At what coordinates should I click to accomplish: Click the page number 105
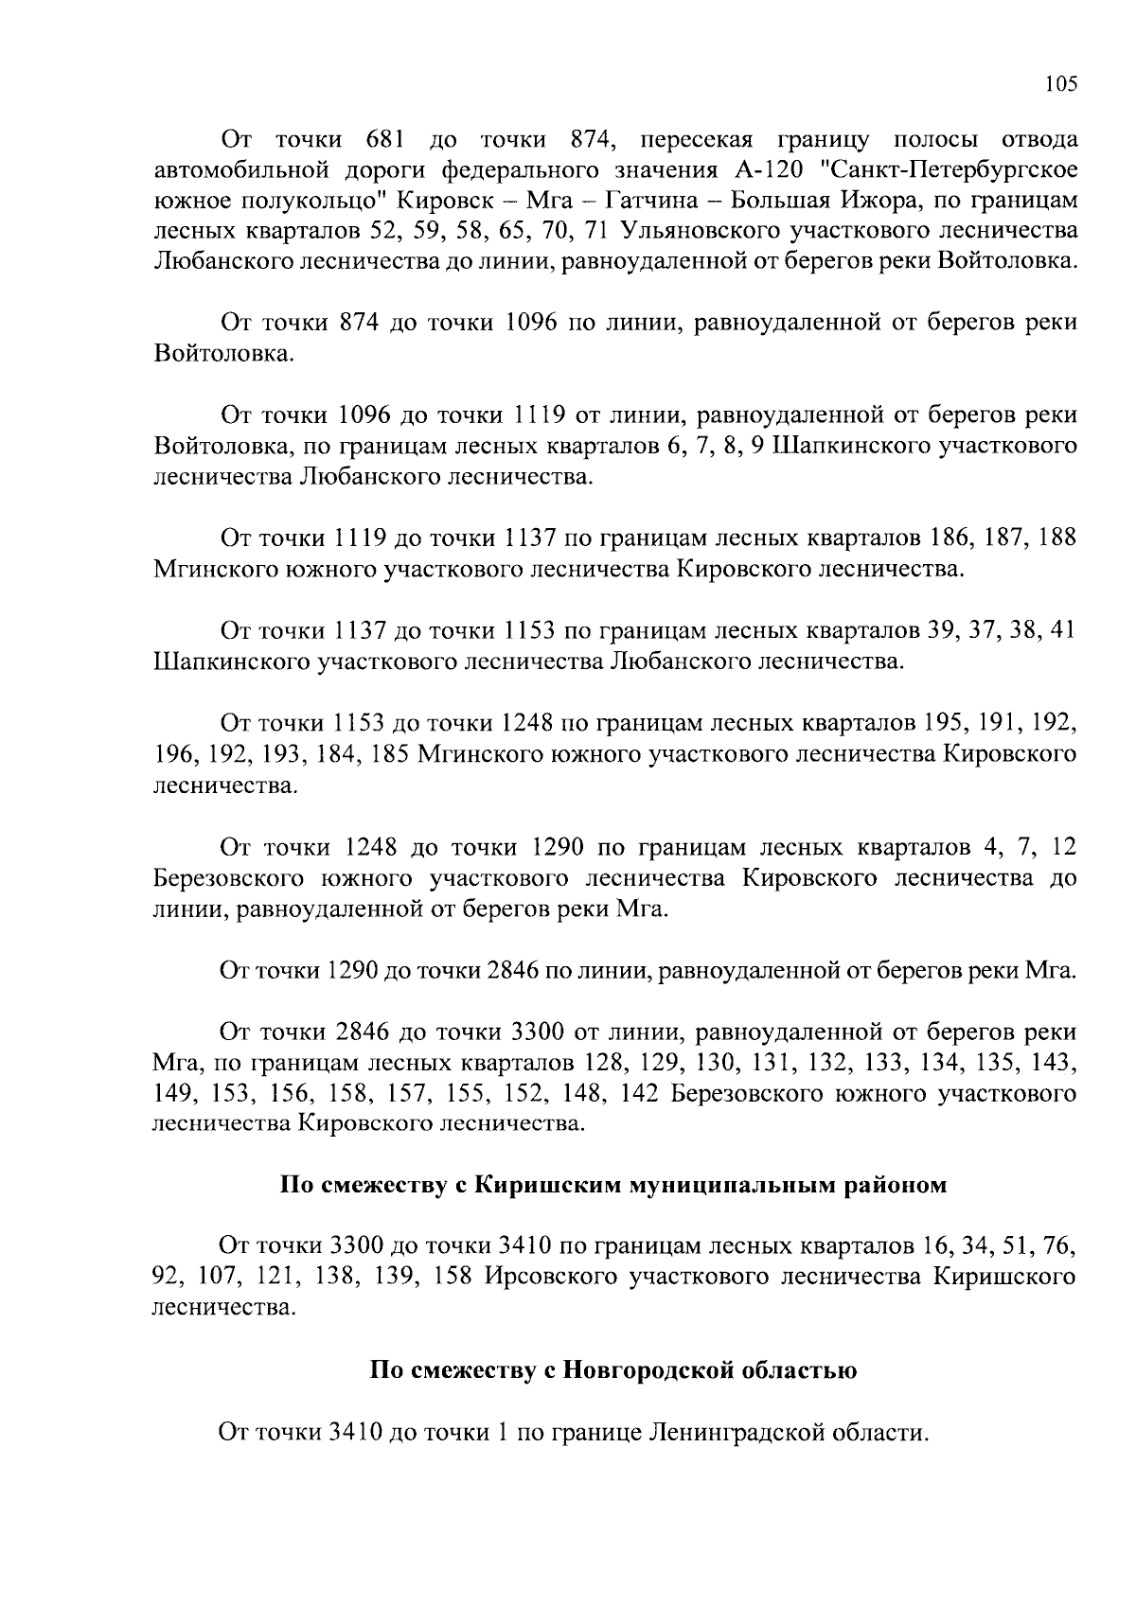tap(1061, 84)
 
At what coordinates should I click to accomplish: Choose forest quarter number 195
tap(950, 725)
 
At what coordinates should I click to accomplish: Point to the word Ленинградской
tap(730, 1432)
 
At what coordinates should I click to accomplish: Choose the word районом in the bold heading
tap(896, 1185)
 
